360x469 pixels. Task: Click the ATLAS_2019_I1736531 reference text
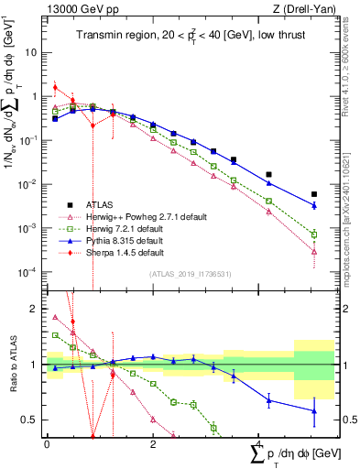pyautogui.click(x=190, y=274)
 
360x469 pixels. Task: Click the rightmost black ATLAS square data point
pyautogui.click(x=314, y=194)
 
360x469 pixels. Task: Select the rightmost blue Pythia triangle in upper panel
pyautogui.click(x=314, y=210)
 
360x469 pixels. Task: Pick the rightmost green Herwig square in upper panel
pyautogui.click(x=314, y=233)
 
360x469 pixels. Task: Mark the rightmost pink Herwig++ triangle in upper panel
pyautogui.click(x=314, y=251)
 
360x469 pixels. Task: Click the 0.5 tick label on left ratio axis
pyautogui.click(x=31, y=420)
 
